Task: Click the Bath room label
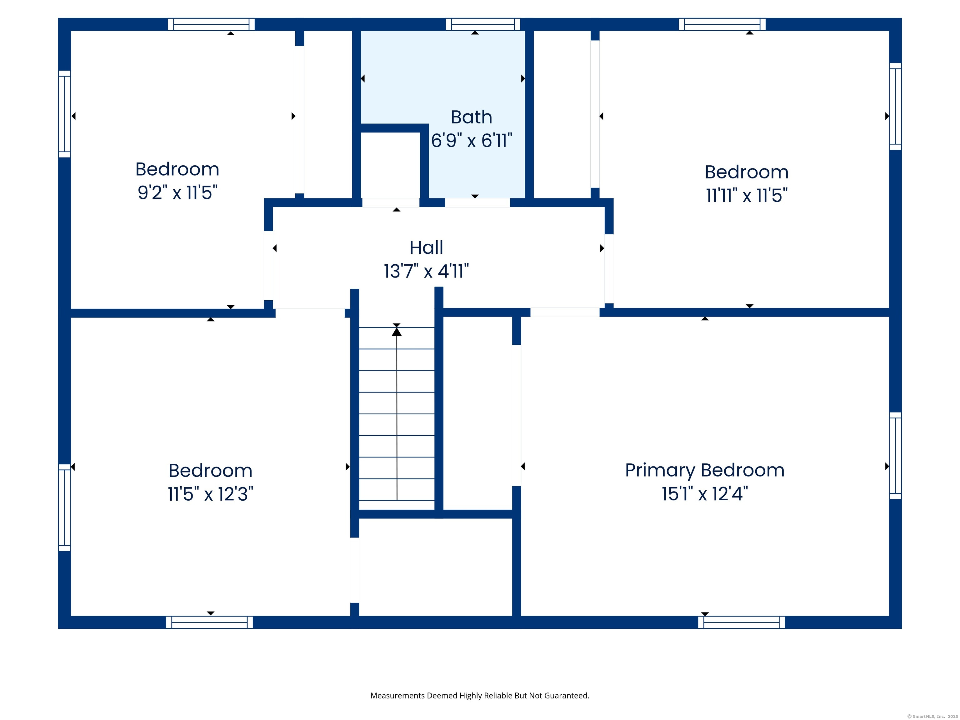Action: [471, 117]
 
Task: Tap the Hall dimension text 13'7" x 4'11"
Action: [426, 271]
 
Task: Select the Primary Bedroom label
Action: [704, 470]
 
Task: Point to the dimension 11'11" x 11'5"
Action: [747, 195]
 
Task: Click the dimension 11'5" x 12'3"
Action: [211, 494]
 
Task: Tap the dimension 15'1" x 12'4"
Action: [704, 494]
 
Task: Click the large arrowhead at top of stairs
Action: [397, 332]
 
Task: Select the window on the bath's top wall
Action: [482, 24]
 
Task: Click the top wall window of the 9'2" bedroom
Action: [211, 24]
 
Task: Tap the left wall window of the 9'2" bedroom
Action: [65, 114]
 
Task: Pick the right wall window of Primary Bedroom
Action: [895, 455]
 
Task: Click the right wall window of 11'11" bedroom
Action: [895, 106]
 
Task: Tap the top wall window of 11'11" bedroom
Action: [722, 24]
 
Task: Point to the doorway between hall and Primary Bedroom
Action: [565, 312]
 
